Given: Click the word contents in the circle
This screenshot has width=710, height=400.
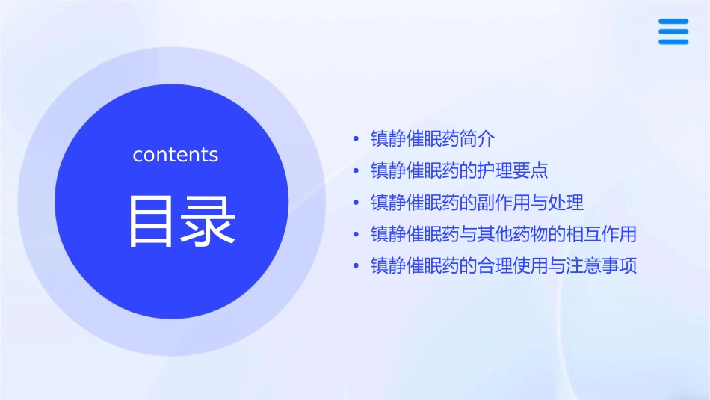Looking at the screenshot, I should [x=176, y=155].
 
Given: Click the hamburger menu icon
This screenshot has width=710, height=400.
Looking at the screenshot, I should [x=673, y=31].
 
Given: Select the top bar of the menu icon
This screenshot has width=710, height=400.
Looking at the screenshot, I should [x=673, y=21].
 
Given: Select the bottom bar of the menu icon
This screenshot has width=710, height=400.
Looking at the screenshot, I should [x=673, y=42].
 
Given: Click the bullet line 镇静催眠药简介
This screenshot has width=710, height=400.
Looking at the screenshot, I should [x=433, y=139].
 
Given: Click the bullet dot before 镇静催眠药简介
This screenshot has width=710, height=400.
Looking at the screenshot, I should [x=356, y=140].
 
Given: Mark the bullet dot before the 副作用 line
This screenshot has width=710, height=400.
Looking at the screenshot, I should [x=356, y=203].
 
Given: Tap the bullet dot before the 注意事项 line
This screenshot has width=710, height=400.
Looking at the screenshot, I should [x=356, y=267].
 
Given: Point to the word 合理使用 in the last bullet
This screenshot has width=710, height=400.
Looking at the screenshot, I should [x=513, y=266].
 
